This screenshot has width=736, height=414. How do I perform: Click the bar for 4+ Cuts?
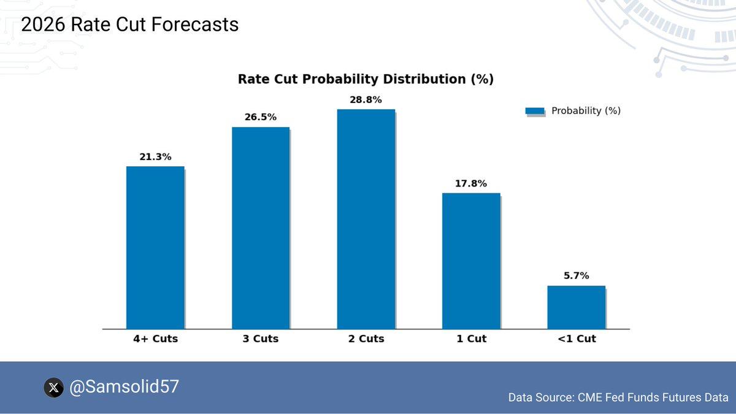tap(155, 248)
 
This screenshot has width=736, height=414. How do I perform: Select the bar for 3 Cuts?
tap(261, 228)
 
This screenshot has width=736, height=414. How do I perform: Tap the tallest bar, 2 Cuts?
tap(366, 220)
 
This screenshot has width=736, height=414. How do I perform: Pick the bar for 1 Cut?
tap(471, 261)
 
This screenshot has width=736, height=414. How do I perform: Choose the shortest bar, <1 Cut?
tap(577, 307)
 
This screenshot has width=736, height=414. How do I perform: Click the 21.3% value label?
tap(155, 157)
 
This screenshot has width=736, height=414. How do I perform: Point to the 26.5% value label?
tap(261, 117)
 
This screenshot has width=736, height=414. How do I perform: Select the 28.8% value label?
tap(366, 99)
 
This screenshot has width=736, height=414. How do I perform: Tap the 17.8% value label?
tap(471, 183)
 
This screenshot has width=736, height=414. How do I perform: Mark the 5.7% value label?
tap(577, 276)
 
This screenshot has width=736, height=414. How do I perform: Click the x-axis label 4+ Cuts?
tap(155, 339)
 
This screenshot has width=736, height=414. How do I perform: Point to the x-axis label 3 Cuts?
tap(261, 339)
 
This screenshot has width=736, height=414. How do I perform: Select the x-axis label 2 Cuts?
tap(366, 339)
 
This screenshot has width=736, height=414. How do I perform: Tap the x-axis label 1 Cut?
tap(471, 339)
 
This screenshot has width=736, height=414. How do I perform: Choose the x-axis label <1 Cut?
tap(577, 339)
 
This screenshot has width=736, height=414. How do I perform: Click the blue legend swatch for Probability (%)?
tap(535, 111)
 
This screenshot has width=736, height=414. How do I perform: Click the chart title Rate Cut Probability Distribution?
tap(366, 79)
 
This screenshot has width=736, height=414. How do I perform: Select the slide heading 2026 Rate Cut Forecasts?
tap(129, 25)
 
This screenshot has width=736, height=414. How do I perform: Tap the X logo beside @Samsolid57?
tap(54, 388)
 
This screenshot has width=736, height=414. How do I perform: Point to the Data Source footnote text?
tap(618, 397)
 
